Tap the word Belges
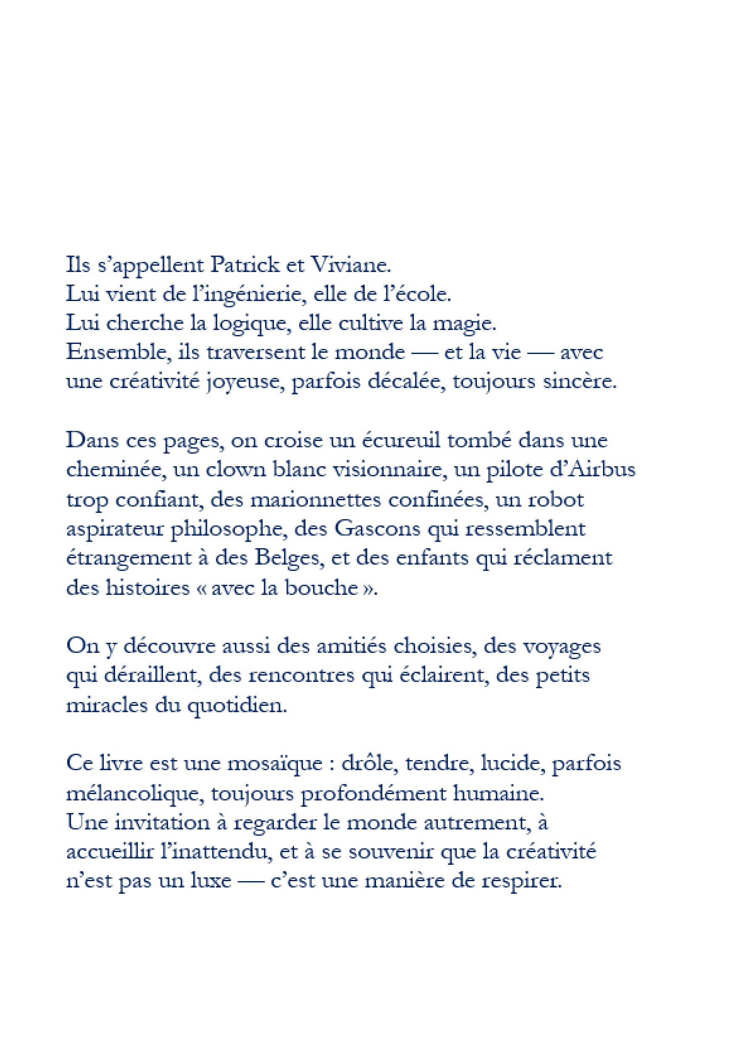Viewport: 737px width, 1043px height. point(289,558)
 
